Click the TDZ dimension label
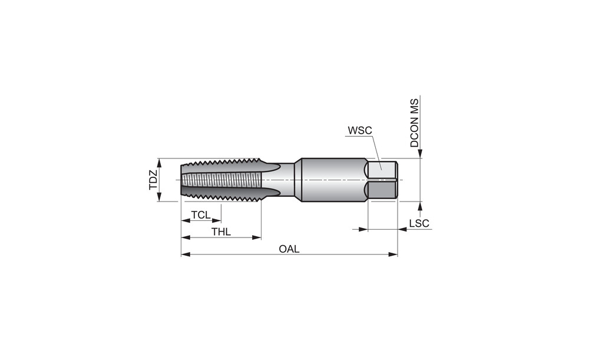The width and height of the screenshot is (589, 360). click(x=153, y=180)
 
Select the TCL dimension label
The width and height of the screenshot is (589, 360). click(x=201, y=215)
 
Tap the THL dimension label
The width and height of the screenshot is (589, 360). click(x=221, y=232)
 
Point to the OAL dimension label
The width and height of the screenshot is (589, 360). click(x=289, y=249)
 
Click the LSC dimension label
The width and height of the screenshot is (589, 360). click(x=419, y=223)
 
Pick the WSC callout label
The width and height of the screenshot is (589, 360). click(x=359, y=130)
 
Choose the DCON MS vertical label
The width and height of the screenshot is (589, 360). click(x=414, y=123)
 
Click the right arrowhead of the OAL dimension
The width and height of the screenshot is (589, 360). click(x=393, y=255)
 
